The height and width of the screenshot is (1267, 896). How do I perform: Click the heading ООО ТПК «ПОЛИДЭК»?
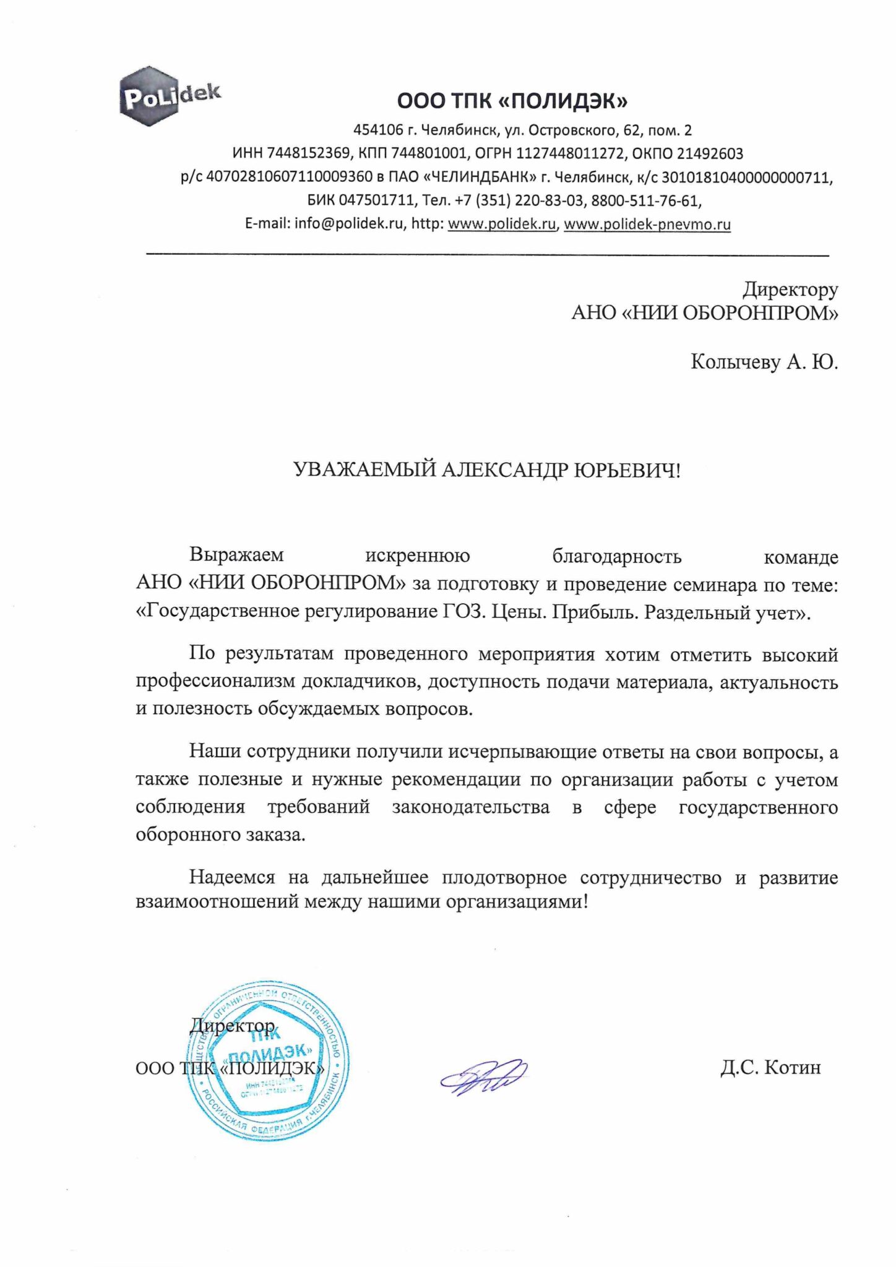click(512, 100)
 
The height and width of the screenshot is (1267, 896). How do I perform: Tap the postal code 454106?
click(377, 131)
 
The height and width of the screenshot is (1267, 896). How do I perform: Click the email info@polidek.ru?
click(349, 224)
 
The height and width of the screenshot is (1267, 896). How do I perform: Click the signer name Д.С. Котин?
click(770, 1067)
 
